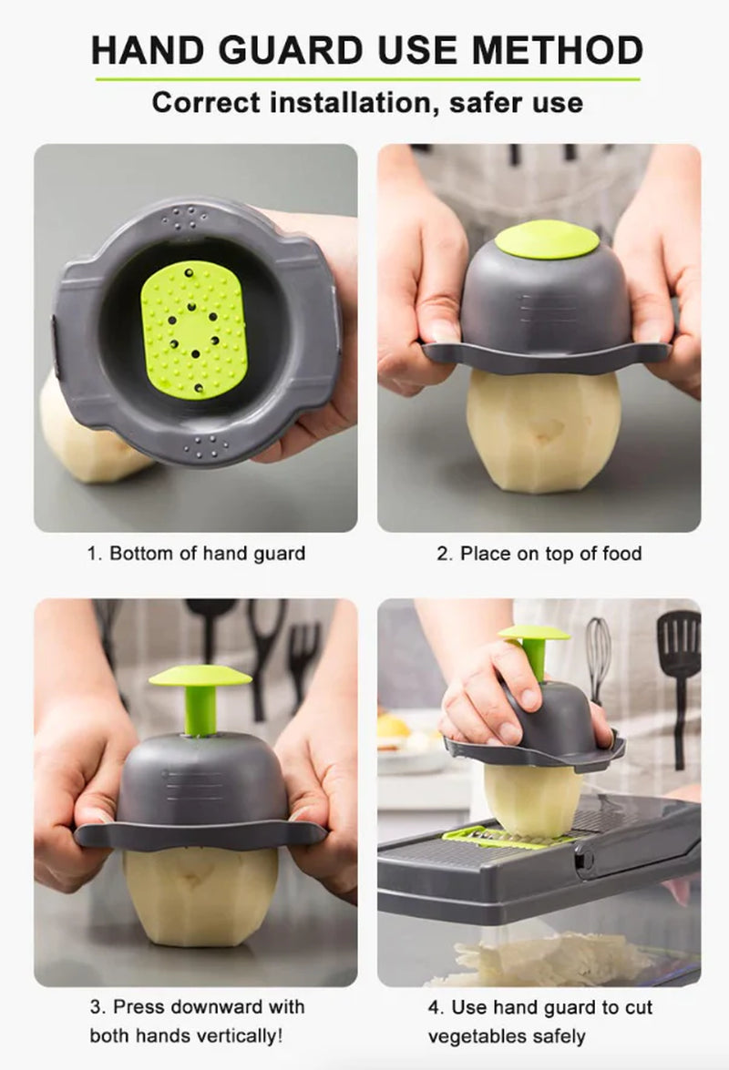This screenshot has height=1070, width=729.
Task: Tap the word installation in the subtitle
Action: point(345,102)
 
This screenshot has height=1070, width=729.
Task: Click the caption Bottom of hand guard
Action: point(196,553)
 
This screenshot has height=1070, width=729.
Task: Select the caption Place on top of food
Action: point(539,553)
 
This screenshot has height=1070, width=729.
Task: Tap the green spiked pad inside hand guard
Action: point(194,330)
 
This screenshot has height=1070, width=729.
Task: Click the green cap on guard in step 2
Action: point(547,239)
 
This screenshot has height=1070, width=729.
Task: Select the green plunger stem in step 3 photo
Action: point(200,708)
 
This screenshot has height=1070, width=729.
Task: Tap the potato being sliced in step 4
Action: point(532,797)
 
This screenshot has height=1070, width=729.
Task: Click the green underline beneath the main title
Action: point(367,79)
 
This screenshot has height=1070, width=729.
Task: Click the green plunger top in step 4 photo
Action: point(534,633)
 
